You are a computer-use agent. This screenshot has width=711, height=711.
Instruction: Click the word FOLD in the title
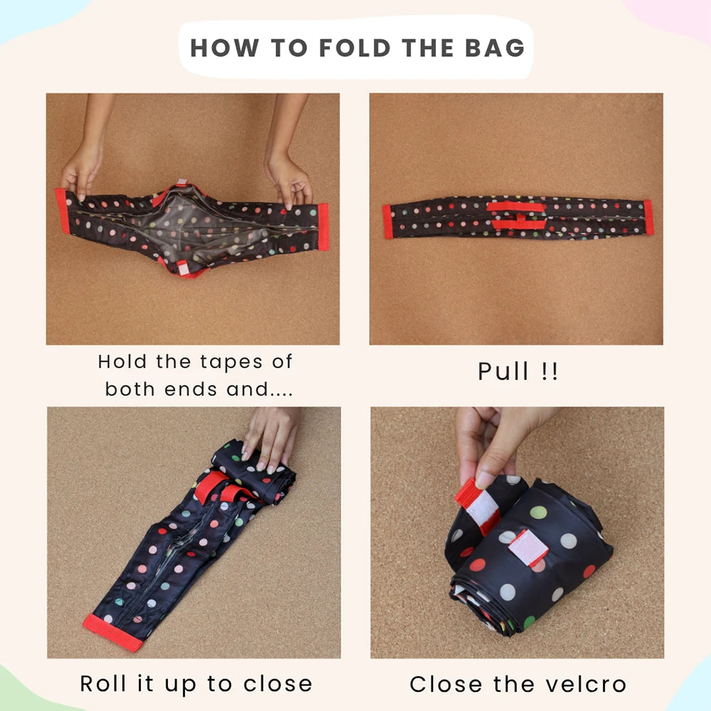click(x=355, y=48)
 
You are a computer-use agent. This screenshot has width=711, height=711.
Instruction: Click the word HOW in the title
click(x=225, y=48)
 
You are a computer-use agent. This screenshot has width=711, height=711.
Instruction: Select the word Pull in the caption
click(x=503, y=371)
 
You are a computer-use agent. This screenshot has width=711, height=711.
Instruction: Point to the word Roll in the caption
click(x=102, y=683)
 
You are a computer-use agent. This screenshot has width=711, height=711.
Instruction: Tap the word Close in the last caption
click(x=446, y=684)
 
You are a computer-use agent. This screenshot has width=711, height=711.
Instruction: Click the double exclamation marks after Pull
click(x=550, y=371)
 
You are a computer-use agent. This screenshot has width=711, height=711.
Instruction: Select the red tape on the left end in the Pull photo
click(x=387, y=222)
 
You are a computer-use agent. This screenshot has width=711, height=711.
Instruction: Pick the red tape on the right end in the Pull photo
click(x=648, y=217)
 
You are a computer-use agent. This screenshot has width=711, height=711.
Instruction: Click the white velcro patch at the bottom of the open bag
click(x=183, y=269)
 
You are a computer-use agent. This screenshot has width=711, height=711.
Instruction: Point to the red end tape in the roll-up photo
click(x=113, y=633)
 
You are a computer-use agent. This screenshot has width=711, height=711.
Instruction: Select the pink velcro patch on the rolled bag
click(x=528, y=548)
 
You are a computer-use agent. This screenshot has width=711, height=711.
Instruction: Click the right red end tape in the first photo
click(x=324, y=227)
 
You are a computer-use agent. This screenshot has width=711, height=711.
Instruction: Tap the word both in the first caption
click(x=129, y=389)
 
